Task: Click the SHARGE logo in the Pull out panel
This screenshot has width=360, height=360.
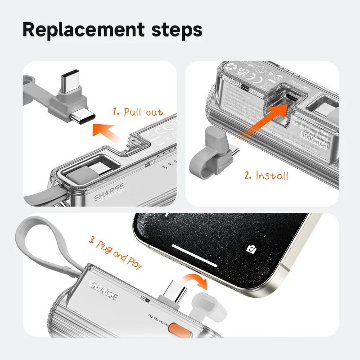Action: click(x=110, y=196)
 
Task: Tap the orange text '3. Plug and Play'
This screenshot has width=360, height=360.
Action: click(x=115, y=255)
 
